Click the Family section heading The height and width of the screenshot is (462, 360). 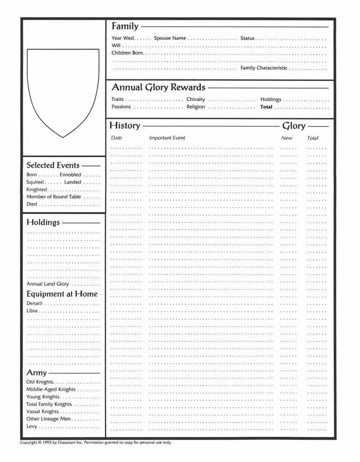(125, 27)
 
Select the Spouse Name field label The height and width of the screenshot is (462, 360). (170, 38)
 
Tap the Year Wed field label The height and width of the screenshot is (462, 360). (123, 38)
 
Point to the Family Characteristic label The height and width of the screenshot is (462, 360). (264, 68)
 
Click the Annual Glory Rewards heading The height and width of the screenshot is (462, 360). (158, 87)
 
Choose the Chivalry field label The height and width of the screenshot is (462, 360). (196, 99)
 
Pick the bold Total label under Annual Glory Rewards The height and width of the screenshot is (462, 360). (266, 107)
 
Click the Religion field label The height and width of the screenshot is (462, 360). (196, 107)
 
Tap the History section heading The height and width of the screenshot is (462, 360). (124, 125)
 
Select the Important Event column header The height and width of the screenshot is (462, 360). (167, 138)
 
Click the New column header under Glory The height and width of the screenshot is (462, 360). (287, 138)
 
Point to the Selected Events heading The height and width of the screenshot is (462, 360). (53, 165)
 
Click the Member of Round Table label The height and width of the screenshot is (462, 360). (54, 197)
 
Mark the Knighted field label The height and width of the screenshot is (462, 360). (37, 189)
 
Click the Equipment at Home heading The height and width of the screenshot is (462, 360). (62, 294)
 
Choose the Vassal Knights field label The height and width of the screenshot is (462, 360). (43, 411)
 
